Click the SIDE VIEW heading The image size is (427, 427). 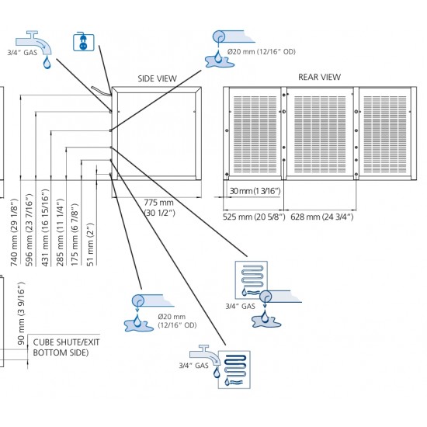coord(157,78)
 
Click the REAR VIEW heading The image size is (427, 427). coord(319,77)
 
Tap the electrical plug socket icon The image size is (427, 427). coord(84,42)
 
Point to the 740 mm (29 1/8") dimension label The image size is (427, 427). coord(14,232)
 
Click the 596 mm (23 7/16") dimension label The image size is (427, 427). coord(30,230)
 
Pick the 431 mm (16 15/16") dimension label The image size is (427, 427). coord(45,227)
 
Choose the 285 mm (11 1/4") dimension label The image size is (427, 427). coord(60,232)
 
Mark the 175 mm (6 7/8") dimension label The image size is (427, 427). coord(75,234)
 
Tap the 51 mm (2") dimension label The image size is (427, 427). coord(90,245)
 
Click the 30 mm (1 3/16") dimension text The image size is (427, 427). coord(255,191)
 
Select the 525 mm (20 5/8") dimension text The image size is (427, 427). coord(254,217)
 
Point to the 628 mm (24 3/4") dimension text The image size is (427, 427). coord(322,217)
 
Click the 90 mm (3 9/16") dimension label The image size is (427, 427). coord(21,313)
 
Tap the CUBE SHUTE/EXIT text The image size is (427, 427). coord(66,342)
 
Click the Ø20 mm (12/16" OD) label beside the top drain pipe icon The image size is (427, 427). coord(262,52)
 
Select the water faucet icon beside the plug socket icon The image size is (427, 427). coord(34,43)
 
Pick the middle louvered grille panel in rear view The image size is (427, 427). coord(320,134)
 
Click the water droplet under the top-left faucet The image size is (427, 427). coord(47,62)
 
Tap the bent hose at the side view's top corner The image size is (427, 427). coord(101,91)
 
